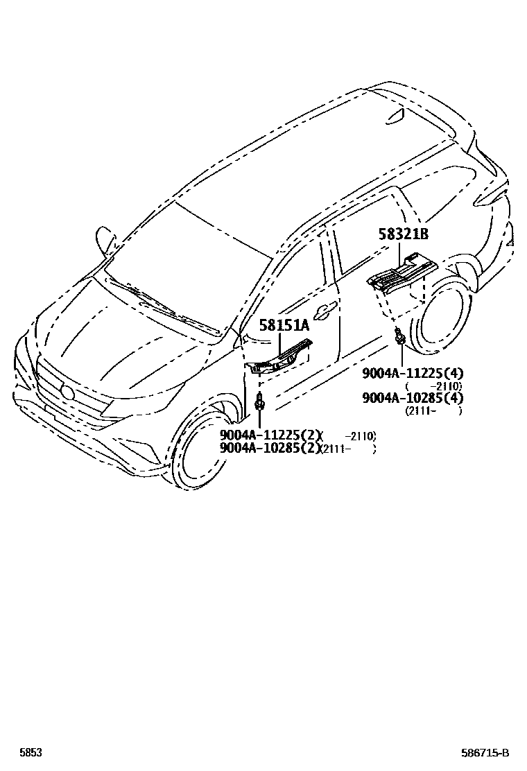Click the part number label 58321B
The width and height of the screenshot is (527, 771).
click(x=404, y=235)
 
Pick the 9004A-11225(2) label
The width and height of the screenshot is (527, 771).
click(x=271, y=435)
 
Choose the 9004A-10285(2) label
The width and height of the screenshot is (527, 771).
click(x=271, y=448)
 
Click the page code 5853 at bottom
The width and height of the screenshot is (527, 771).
click(x=30, y=752)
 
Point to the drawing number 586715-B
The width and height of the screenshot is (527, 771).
click(x=485, y=752)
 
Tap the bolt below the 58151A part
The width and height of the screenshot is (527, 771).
click(x=259, y=402)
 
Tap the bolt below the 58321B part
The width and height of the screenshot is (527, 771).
click(x=400, y=337)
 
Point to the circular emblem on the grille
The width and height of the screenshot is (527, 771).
click(x=67, y=392)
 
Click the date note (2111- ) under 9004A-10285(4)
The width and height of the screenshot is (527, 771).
click(x=433, y=410)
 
